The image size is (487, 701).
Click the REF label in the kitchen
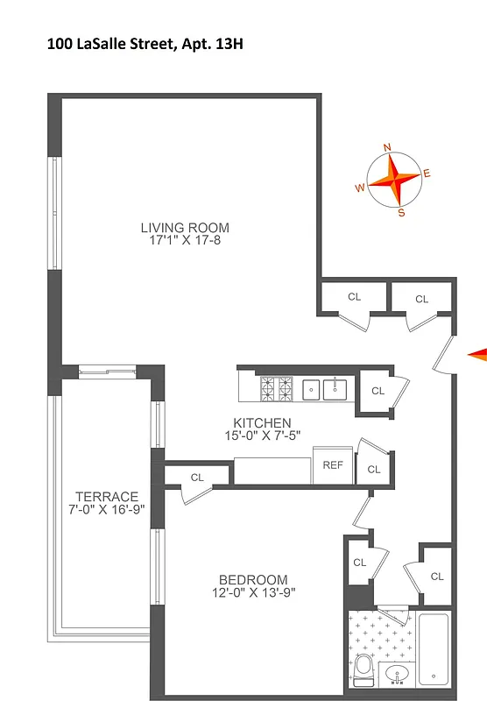point(333,465)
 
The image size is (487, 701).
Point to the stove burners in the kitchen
point(278,387)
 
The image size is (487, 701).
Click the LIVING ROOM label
point(185,228)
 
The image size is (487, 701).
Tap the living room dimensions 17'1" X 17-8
point(185,241)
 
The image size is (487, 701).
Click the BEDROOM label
point(253,579)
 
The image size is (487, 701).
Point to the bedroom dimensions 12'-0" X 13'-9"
point(253,593)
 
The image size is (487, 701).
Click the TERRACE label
point(107,496)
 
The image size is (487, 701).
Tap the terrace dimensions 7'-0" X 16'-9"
point(107,509)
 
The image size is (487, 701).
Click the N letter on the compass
point(388,148)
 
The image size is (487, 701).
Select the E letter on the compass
point(427,173)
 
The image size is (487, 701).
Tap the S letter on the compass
point(401,212)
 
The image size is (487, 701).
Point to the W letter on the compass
point(359,188)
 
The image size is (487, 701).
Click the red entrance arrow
point(477,354)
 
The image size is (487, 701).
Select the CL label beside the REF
point(374,470)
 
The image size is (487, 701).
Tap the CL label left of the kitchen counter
point(197,478)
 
